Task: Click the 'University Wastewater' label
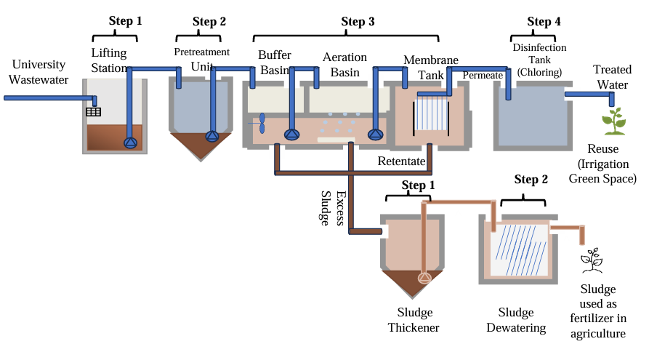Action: [39, 72]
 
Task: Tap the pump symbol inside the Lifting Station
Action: [131, 143]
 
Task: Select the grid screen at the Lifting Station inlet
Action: [94, 112]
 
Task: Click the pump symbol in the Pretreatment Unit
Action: [211, 136]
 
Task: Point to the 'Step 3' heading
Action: [358, 22]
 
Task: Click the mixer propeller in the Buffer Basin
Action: [262, 123]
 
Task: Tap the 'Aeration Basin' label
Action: [345, 64]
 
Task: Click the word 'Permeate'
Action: [483, 75]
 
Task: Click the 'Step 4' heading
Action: [544, 22]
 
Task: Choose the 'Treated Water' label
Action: [612, 77]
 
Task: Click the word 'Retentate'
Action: [400, 161]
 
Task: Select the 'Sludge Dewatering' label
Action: [521, 320]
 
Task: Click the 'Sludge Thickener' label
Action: [414, 320]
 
